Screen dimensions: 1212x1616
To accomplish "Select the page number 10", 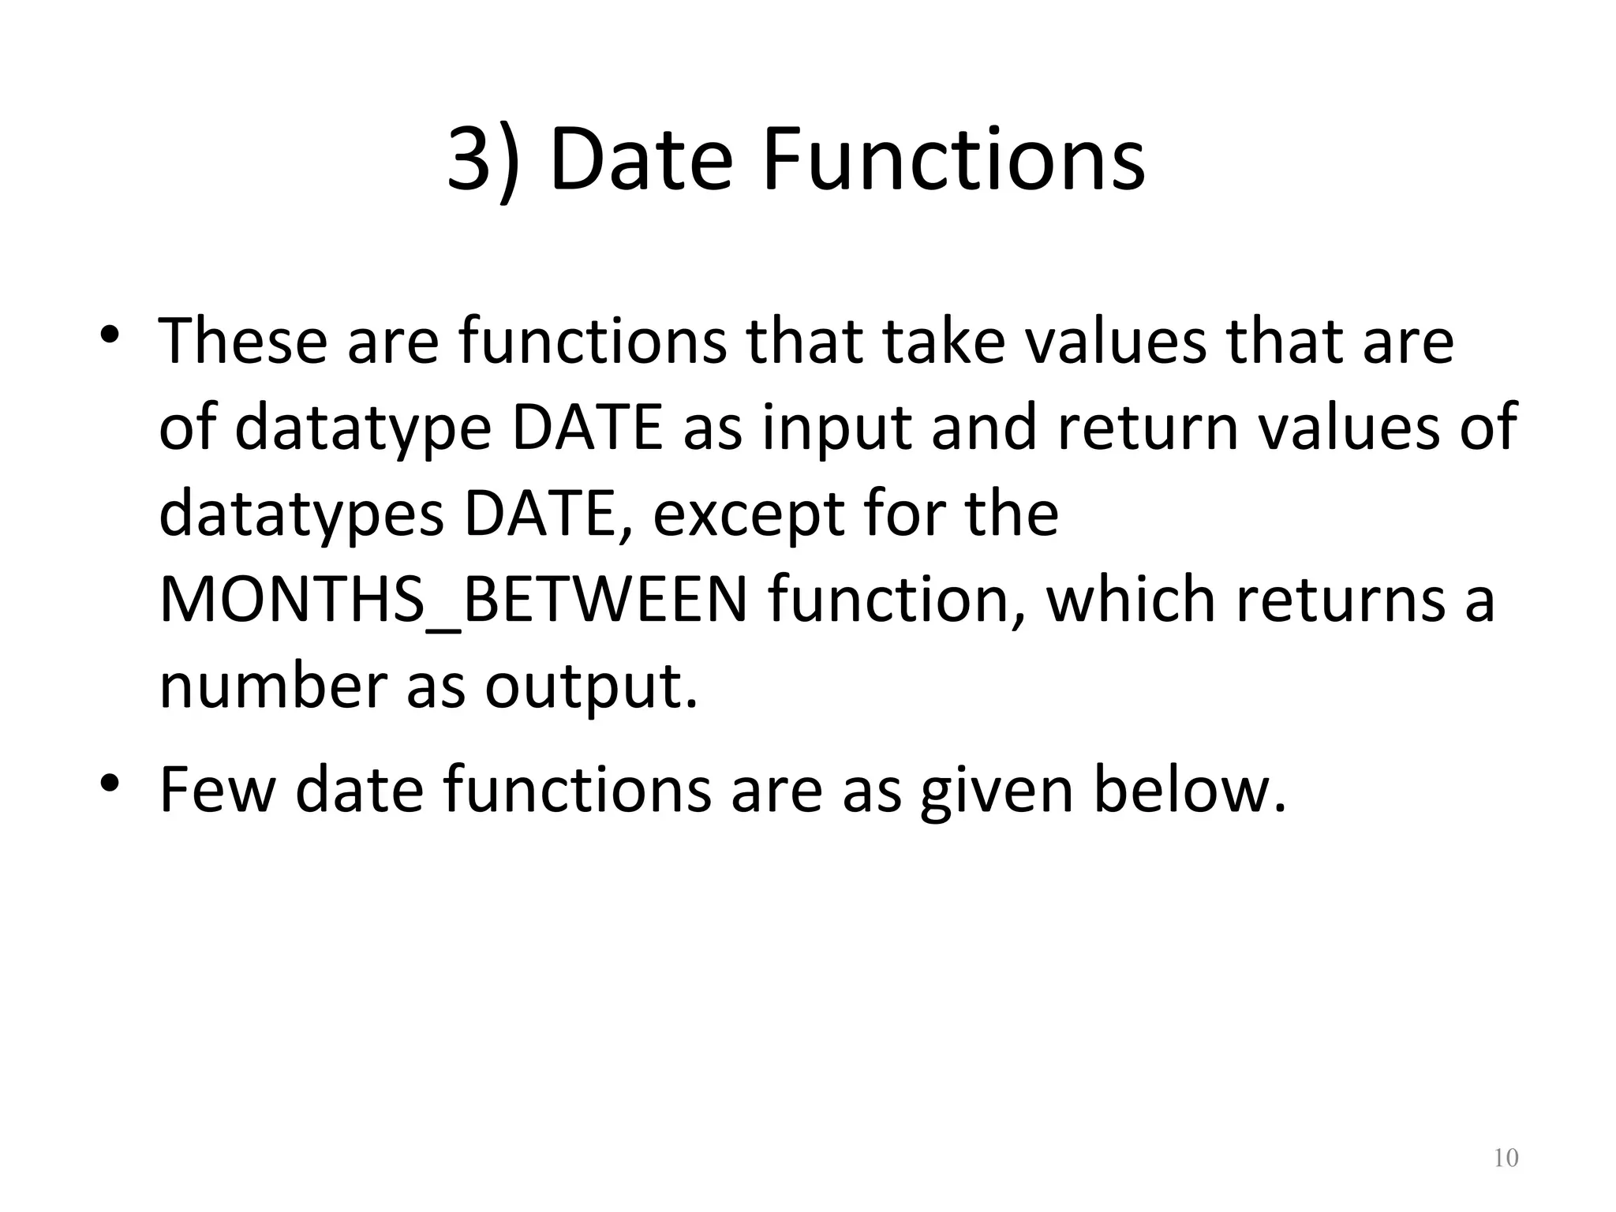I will (x=1506, y=1158).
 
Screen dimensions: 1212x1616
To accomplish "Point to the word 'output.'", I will (x=592, y=686).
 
